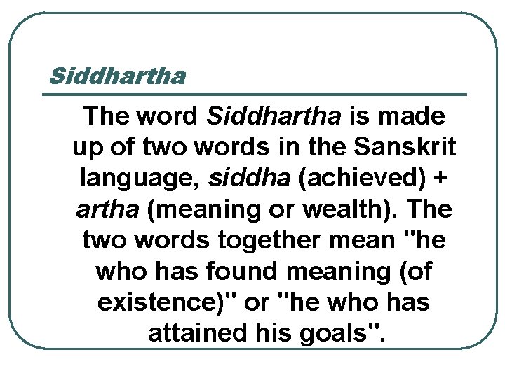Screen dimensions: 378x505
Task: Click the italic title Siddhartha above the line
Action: coord(118,75)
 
